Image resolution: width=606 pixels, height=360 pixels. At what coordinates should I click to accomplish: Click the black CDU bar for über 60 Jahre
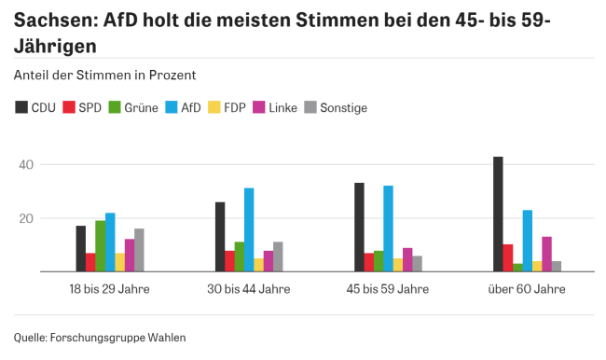(498, 215)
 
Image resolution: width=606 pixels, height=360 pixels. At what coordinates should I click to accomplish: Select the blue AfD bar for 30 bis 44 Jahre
(249, 230)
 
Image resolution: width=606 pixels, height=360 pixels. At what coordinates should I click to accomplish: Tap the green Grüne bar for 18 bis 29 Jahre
(101, 246)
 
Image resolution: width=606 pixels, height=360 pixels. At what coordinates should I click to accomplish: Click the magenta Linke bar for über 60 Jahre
(546, 254)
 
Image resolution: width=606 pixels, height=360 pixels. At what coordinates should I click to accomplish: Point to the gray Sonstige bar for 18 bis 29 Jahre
(139, 250)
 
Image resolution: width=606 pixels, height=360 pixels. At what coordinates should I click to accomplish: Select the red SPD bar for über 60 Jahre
(508, 257)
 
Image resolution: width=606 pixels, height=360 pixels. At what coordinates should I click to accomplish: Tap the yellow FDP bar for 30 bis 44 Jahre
(258, 265)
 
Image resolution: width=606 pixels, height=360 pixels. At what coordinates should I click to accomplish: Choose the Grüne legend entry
(133, 107)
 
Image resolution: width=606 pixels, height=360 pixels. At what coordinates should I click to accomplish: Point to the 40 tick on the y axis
(25, 165)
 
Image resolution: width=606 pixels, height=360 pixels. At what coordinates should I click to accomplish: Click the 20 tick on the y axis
(25, 218)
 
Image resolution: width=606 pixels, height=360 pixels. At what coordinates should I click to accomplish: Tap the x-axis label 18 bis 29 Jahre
(110, 289)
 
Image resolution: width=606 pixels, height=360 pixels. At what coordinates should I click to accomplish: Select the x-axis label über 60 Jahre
(528, 289)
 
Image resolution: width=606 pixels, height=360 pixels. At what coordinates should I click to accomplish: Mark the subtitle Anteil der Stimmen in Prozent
(104, 74)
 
